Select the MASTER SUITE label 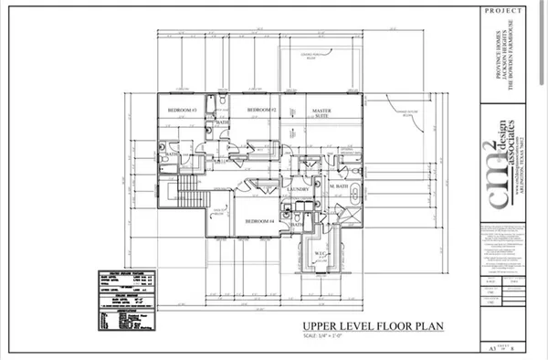[321, 113]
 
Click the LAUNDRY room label [300, 188]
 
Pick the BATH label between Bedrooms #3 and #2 [222, 122]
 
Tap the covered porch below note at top [312, 56]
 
